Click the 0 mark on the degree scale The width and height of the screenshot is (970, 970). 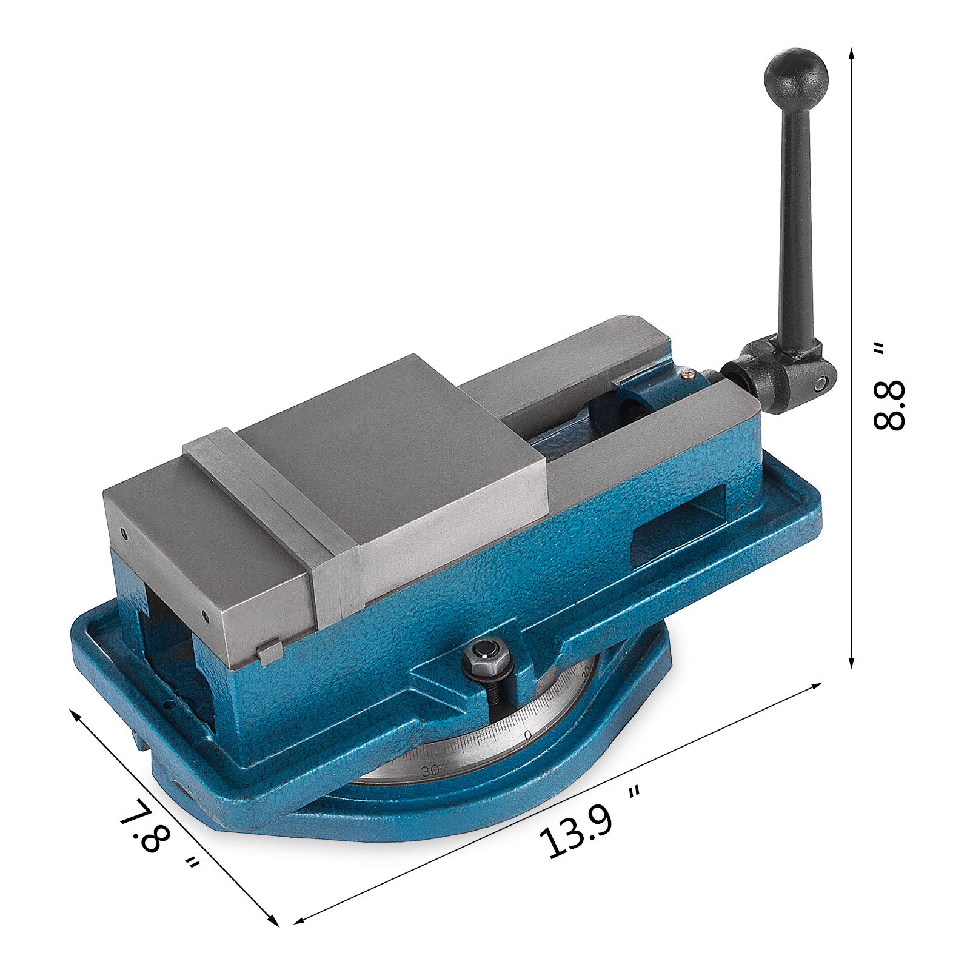click(x=527, y=735)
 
